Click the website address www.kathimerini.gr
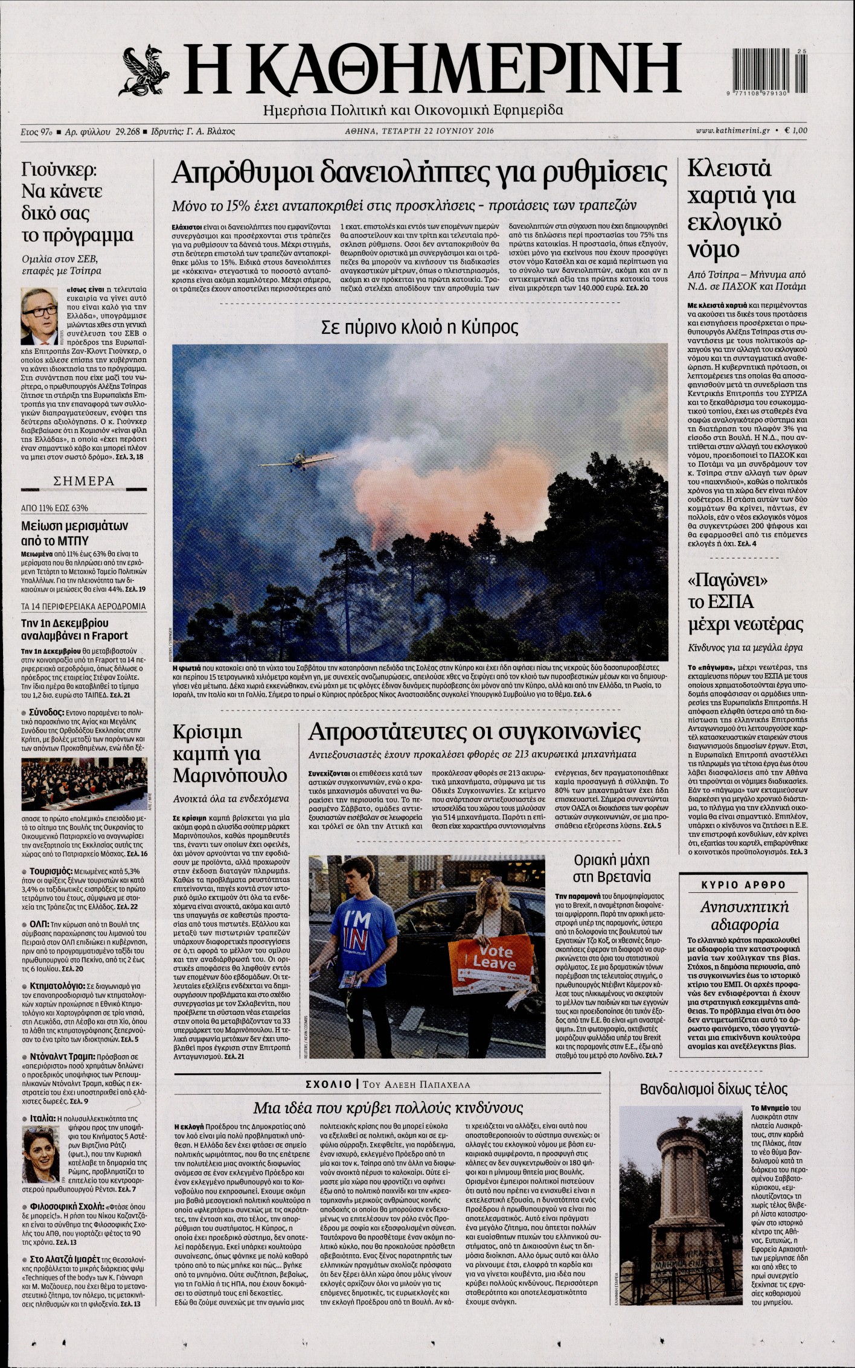[x=733, y=130]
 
